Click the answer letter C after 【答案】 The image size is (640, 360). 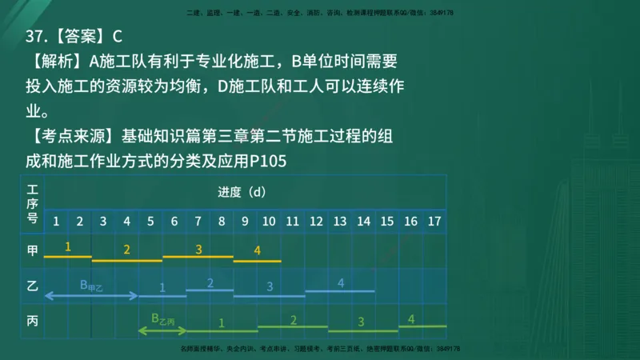(118, 37)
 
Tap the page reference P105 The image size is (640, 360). (268, 162)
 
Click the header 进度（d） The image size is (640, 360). (241, 192)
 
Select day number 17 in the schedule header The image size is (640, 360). (434, 220)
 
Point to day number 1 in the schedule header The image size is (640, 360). (56, 220)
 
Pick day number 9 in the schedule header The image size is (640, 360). (246, 220)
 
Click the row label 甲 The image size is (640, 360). (33, 250)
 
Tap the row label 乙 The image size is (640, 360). (33, 286)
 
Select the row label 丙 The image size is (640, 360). (33, 321)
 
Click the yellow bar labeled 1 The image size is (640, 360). (67, 257)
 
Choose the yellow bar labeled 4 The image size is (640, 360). (257, 260)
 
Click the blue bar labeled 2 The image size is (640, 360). (210, 289)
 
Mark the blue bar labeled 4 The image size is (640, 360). (340, 290)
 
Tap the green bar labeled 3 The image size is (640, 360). (362, 330)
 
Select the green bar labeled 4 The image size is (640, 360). (422, 326)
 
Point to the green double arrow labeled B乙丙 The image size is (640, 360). (162, 328)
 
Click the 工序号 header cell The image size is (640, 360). (33, 204)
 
